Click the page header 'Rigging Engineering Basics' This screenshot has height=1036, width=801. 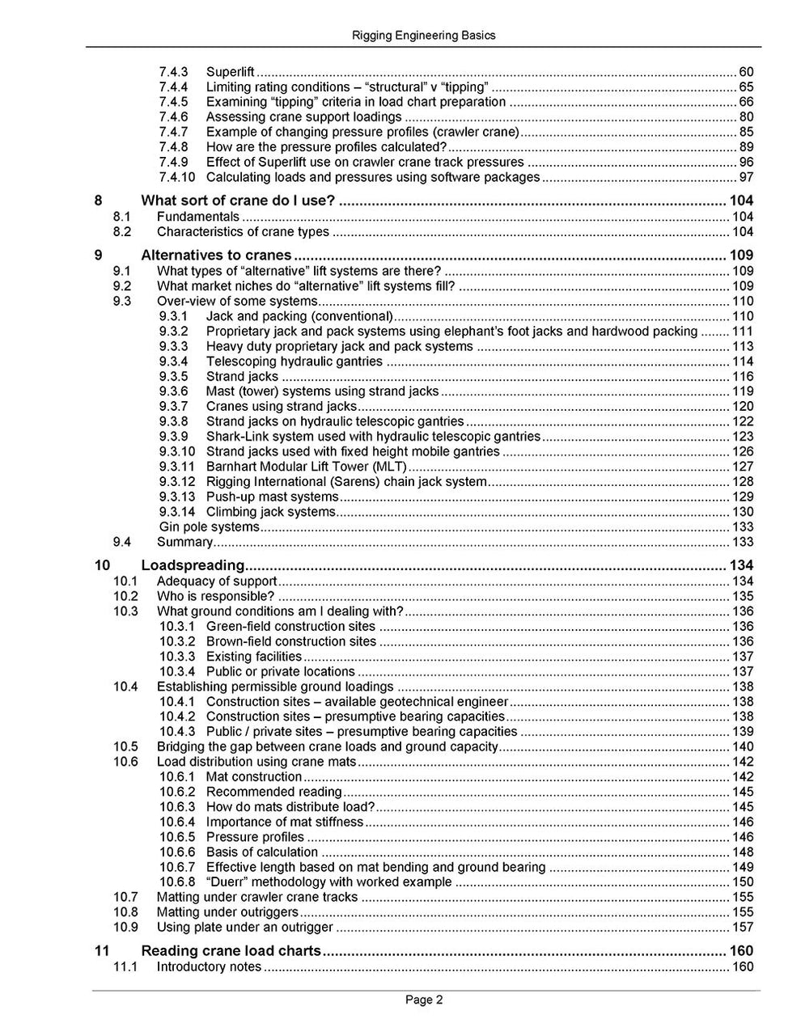pos(424,36)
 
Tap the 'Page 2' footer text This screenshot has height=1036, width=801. pos(424,1000)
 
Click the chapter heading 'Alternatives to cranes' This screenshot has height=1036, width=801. pos(216,256)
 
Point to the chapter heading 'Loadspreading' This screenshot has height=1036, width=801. pos(193,565)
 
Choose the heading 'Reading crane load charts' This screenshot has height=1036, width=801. pos(231,951)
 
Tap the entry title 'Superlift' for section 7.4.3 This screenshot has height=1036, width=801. pos(230,72)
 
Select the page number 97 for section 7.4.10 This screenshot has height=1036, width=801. pos(746,177)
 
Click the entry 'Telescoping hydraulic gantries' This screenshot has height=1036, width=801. pos(294,362)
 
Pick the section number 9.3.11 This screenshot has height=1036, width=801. pos(177,467)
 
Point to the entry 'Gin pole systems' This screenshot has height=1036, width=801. pos(209,527)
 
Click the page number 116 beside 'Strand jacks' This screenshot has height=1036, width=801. pos(742,377)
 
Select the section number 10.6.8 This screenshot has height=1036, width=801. pos(177,882)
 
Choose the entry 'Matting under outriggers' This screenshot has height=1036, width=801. pos(227,912)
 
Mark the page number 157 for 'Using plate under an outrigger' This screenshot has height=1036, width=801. pos(742,928)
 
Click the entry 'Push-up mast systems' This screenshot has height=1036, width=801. pos(272,497)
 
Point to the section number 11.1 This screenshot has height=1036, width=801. pos(125,967)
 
